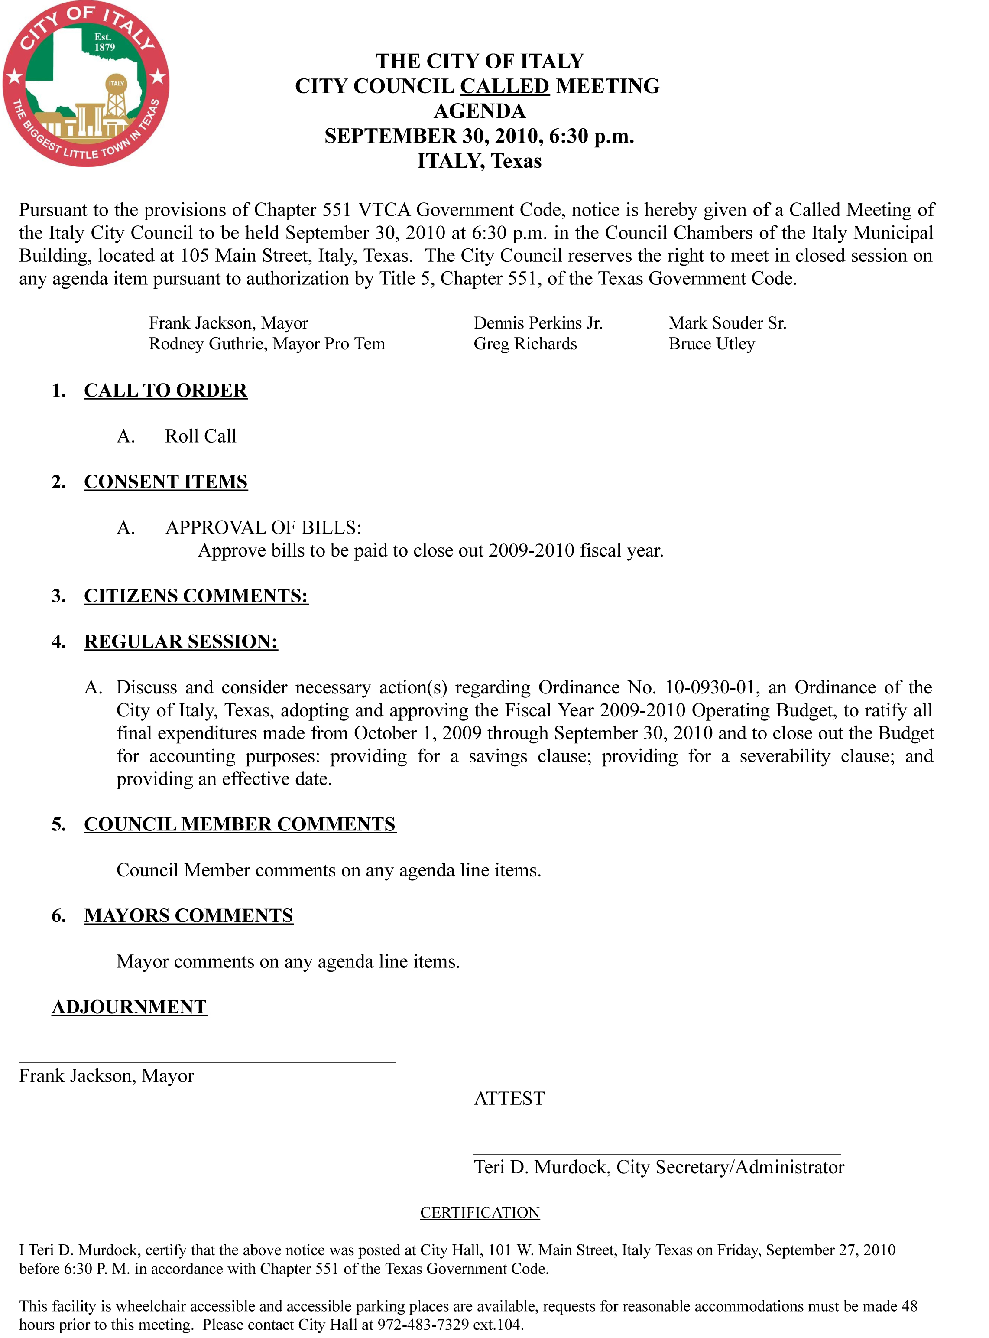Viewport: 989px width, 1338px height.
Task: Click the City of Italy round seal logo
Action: (x=86, y=84)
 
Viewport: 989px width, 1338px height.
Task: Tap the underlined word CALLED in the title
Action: (x=504, y=86)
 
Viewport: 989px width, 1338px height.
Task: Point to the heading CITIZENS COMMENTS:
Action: (x=196, y=596)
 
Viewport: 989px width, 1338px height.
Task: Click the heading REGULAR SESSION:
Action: (x=180, y=641)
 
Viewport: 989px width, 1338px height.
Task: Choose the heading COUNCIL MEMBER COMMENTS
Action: (x=240, y=825)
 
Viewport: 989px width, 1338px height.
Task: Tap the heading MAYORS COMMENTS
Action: (x=188, y=916)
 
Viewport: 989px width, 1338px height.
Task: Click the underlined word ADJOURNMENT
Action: (x=130, y=1007)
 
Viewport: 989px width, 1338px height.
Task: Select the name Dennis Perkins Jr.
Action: (x=538, y=323)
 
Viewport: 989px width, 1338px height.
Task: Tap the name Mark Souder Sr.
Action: (x=727, y=323)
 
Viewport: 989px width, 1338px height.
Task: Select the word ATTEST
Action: (x=509, y=1098)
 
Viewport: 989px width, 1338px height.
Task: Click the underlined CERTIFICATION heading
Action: (x=480, y=1213)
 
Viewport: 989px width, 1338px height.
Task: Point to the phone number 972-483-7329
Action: (x=423, y=1324)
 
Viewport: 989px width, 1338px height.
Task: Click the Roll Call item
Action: (x=201, y=436)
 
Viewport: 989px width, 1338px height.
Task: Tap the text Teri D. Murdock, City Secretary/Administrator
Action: (x=658, y=1167)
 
